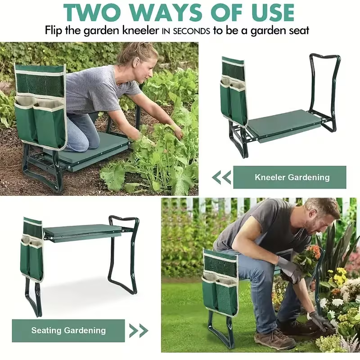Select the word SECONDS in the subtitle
(x=192, y=31)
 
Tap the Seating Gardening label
(x=68, y=330)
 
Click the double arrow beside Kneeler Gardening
(x=221, y=177)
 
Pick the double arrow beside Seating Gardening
(x=139, y=331)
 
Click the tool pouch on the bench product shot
(x=32, y=249)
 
